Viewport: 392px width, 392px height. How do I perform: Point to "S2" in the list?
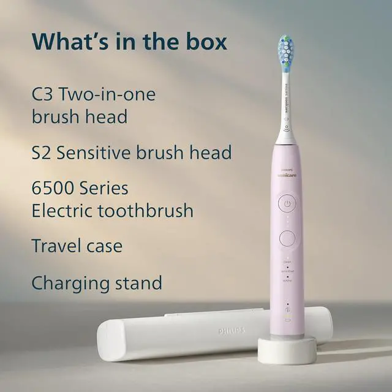coord(43,152)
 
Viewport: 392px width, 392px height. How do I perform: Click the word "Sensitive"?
coord(104,152)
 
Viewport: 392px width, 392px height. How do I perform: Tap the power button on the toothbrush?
coord(287,203)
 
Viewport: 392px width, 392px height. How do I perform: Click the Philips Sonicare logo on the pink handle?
coord(287,174)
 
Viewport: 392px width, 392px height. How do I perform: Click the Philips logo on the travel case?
coord(232,331)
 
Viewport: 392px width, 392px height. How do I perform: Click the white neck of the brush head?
coord(285,107)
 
